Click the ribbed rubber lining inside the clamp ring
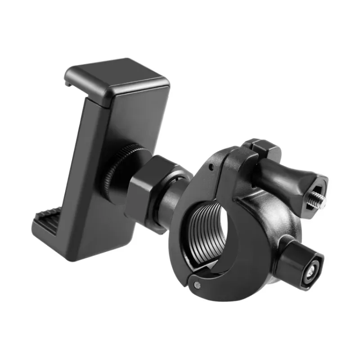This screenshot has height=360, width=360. coord(202,229)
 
